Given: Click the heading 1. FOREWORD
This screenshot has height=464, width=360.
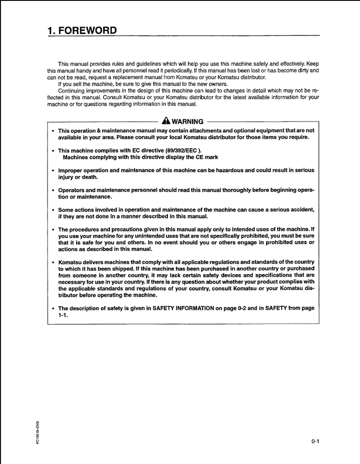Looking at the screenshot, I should click(82, 31).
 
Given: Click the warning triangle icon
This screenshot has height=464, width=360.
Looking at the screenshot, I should click(166, 121).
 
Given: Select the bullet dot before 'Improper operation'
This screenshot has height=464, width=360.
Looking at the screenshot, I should click(53, 171).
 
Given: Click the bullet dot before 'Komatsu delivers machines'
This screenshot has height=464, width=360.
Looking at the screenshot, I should click(53, 262).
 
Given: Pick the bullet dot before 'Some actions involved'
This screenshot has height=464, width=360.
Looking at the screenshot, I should click(53, 210).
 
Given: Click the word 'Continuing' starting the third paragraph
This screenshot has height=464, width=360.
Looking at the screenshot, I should click(71, 90).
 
